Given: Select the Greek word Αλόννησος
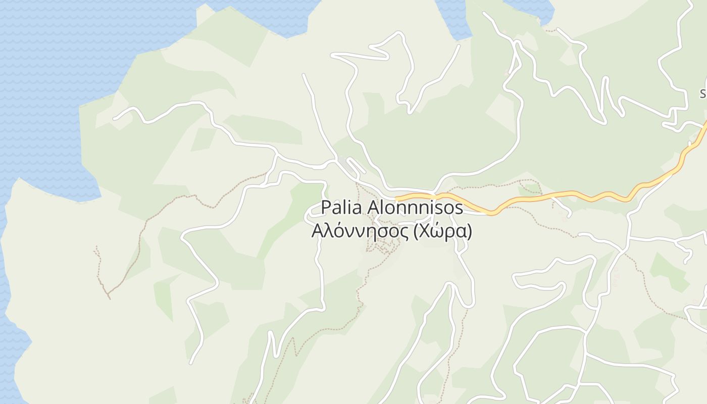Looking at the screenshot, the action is click(x=360, y=231).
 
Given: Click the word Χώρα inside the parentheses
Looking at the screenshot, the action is click(x=443, y=231).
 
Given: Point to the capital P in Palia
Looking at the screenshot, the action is click(x=326, y=208).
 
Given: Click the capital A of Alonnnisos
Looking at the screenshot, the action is click(x=375, y=208).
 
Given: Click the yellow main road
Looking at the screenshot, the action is click(x=555, y=195).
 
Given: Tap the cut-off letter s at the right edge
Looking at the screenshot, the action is click(x=703, y=93).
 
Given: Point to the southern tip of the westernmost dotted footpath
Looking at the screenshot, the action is click(x=109, y=298).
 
